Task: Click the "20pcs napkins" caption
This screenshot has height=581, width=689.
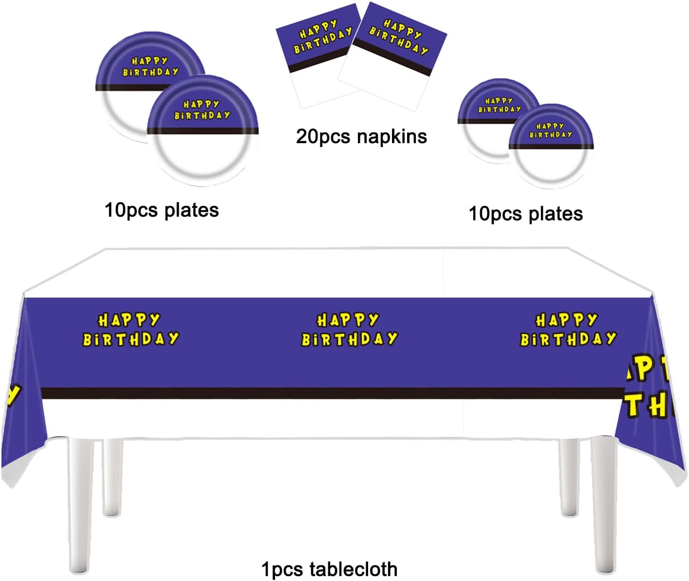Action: [361, 136]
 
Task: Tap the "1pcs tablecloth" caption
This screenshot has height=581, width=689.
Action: [329, 569]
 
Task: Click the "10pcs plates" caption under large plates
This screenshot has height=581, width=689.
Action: [162, 210]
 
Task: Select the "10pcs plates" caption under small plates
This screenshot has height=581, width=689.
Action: [525, 214]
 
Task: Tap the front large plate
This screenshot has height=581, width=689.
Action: [202, 134]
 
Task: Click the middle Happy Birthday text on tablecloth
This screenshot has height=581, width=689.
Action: [349, 330]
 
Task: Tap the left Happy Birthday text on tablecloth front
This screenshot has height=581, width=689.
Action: [130, 330]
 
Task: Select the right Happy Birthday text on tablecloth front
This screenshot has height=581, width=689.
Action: [568, 330]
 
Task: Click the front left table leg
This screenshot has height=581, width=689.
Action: [80, 502]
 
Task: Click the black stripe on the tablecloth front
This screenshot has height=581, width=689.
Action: [331, 394]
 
